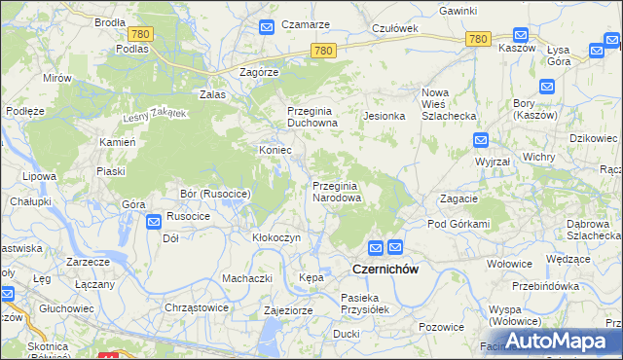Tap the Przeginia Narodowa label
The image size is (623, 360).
click(337, 192)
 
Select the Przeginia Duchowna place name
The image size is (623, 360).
click(311, 117)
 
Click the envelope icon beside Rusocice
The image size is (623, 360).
click(154, 223)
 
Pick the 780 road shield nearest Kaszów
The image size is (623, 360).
click(477, 39)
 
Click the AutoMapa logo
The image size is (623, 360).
click(557, 341)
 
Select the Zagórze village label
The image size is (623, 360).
click(260, 72)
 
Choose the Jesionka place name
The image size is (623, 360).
click(384, 116)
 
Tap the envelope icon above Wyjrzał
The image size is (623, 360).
click(481, 140)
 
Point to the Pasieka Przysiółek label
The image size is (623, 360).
click(365, 303)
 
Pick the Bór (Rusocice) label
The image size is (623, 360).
click(215, 195)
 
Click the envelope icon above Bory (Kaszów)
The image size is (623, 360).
click(546, 87)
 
